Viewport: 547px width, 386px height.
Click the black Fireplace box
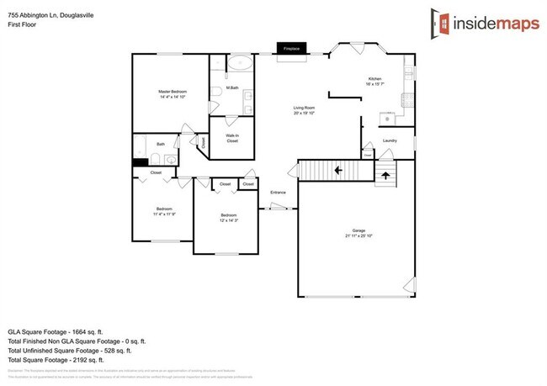pyautogui.click(x=292, y=50)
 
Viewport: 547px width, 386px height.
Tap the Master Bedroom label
pyautogui.click(x=173, y=94)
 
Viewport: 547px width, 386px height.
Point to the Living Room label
pyautogui.click(x=304, y=109)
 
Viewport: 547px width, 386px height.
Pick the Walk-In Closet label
pyautogui.click(x=231, y=137)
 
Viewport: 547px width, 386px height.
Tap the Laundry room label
pyautogui.click(x=390, y=140)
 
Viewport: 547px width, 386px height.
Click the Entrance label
pyautogui.click(x=278, y=193)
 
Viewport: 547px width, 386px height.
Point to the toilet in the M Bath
pyautogui.click(x=217, y=90)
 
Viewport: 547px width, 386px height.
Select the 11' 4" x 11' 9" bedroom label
pyautogui.click(x=163, y=211)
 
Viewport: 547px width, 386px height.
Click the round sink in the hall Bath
pyautogui.click(x=172, y=157)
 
